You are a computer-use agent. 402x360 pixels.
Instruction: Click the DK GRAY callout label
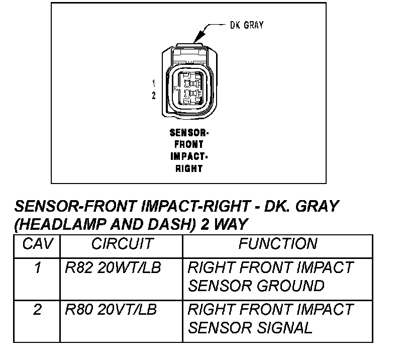pos(246,25)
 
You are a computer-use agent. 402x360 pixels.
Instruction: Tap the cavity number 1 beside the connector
pos(154,82)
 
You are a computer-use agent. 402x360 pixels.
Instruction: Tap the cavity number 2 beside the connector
pos(154,96)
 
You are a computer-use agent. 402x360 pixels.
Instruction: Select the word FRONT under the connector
pos(188,145)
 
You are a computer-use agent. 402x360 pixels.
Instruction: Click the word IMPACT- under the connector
pos(188,157)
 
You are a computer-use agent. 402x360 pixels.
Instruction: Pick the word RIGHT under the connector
pos(188,169)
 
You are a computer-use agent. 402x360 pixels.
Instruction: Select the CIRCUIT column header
pos(122,244)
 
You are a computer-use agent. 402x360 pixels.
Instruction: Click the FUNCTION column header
pos(277,244)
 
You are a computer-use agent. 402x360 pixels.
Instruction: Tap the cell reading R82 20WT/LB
pos(113,268)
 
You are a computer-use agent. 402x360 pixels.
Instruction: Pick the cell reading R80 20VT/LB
pos(111,310)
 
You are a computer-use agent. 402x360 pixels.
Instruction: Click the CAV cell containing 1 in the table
pos(37,268)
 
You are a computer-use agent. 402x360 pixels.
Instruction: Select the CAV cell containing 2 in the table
pos(37,310)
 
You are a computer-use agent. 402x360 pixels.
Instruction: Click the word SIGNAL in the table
pos(285,328)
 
